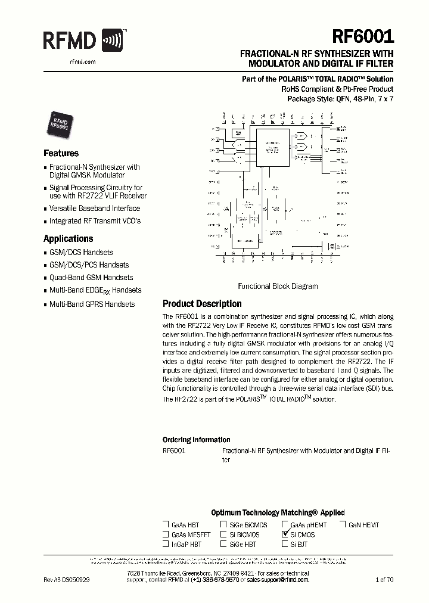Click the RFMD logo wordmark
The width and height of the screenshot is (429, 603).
69,41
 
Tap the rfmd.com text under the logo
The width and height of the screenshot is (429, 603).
74,61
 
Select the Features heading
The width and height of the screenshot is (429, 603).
61,153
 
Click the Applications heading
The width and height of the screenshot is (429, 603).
69,239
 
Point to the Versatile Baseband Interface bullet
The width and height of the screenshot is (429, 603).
94,209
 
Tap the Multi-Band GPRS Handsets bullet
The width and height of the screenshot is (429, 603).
92,304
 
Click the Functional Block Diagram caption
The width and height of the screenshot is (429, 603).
278,286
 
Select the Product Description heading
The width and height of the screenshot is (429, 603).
202,303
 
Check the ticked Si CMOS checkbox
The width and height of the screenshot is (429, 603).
285,534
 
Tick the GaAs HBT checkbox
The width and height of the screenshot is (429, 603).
166,525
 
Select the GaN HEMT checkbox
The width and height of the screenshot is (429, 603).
343,525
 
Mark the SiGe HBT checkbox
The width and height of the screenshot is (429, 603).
223,544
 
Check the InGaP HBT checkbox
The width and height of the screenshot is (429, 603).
166,544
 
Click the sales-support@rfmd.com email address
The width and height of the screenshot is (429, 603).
278,580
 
